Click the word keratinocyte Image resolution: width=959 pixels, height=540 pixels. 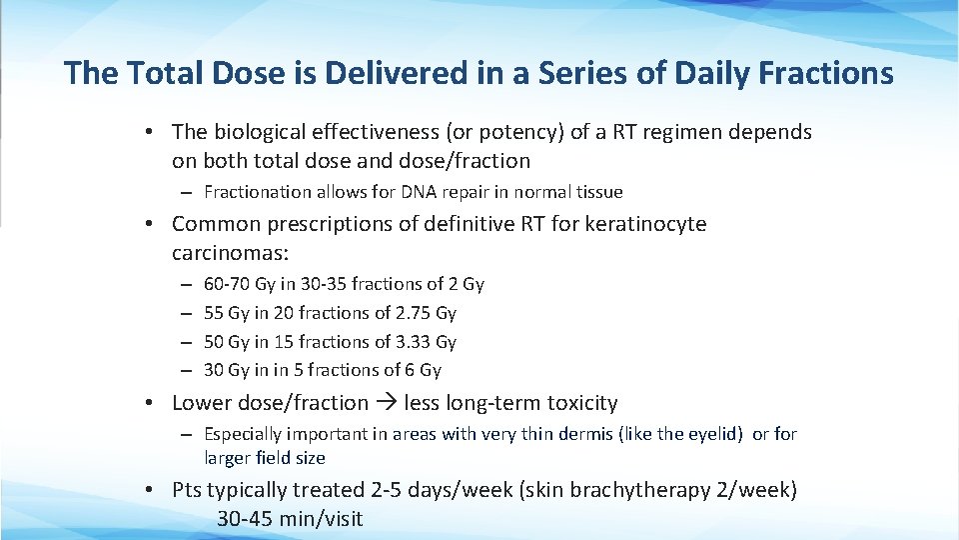pyautogui.click(x=645, y=224)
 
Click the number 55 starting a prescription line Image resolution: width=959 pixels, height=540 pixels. pyautogui.click(x=214, y=313)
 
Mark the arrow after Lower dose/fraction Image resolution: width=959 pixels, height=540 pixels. pyautogui.click(x=387, y=403)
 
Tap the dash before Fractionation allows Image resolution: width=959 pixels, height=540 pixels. pyautogui.click(x=188, y=192)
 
